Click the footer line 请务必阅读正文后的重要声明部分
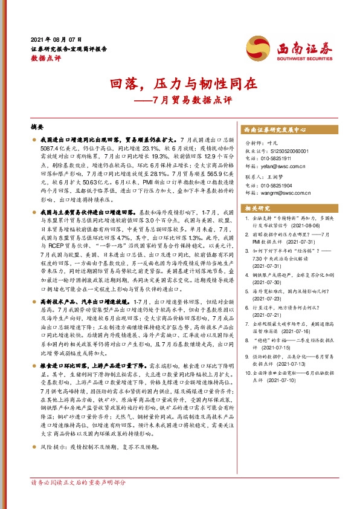(x=79, y=482)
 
